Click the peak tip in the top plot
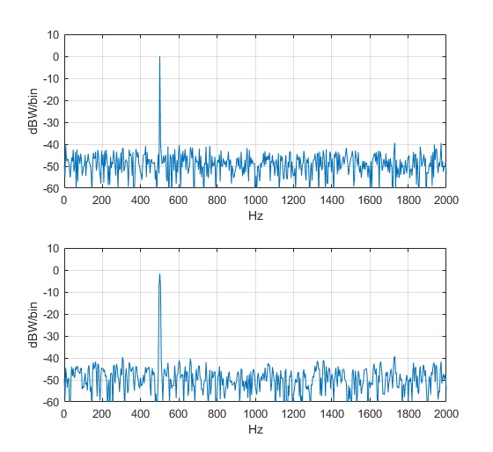[x=159, y=57]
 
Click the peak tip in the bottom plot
[x=159, y=274]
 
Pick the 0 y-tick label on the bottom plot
[x=55, y=271]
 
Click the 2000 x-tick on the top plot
[x=445, y=200]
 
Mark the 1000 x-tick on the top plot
[x=254, y=200]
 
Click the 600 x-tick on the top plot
[x=178, y=200]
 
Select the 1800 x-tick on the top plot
[x=408, y=200]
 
